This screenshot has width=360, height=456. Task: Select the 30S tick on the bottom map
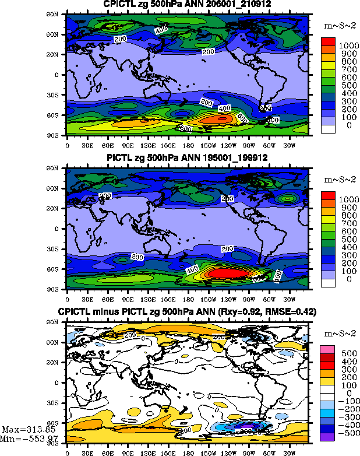[58, 402]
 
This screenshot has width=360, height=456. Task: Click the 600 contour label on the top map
[186, 128]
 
